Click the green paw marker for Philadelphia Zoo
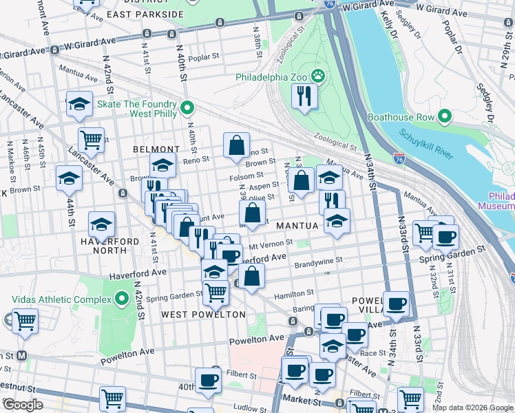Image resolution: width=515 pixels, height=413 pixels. pos(318,76)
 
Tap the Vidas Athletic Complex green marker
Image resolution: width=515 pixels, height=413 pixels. pos(122,299)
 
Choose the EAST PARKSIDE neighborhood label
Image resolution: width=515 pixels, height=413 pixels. pos(145,14)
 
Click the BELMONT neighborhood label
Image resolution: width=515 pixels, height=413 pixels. pos(156,149)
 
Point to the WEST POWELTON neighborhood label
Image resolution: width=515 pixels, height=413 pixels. pos(203,315)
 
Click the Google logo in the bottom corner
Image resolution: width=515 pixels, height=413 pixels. pos(23,404)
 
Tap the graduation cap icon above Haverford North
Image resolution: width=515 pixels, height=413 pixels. pos(101,224)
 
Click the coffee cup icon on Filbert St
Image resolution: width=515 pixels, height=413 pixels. pos(209,381)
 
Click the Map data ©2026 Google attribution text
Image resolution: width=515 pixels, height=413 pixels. pos(472,407)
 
